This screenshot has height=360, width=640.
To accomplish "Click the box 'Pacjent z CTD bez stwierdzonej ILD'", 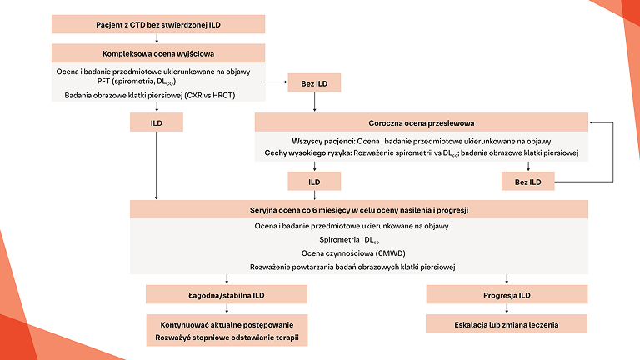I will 157,24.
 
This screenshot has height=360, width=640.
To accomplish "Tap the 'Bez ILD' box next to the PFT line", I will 313,84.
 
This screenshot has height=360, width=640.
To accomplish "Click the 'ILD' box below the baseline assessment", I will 157,122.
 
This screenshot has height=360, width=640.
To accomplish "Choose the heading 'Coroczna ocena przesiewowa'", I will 422,122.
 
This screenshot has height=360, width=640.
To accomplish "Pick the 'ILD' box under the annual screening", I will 313,181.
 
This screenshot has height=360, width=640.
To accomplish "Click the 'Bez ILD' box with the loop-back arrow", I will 528,181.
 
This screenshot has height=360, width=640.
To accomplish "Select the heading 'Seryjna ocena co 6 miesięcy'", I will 359,210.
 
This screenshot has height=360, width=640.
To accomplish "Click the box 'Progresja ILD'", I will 507,295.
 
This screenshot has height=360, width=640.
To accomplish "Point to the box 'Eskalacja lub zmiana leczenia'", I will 507,323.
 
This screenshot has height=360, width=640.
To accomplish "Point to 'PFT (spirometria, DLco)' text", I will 157,82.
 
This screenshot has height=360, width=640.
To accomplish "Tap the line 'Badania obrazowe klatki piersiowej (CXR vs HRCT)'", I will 157,95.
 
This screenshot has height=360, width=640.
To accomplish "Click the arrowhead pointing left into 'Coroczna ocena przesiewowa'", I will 592,122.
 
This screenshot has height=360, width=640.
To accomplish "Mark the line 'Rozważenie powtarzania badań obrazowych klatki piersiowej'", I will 359,267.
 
